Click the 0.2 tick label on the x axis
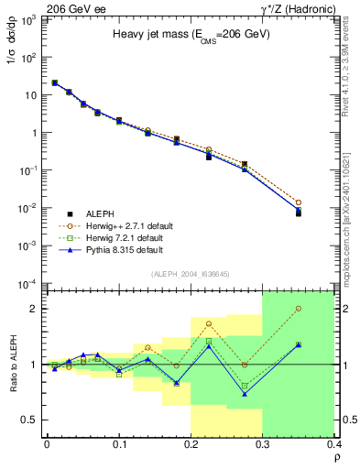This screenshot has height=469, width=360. point(191,445)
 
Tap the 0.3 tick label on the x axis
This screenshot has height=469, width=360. point(262,445)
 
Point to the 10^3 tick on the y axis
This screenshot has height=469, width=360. point(29,19)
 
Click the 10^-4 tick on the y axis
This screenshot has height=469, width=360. point(29,283)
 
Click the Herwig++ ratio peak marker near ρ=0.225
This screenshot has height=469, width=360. point(209,323)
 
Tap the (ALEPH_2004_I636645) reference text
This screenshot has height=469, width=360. point(190,274)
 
